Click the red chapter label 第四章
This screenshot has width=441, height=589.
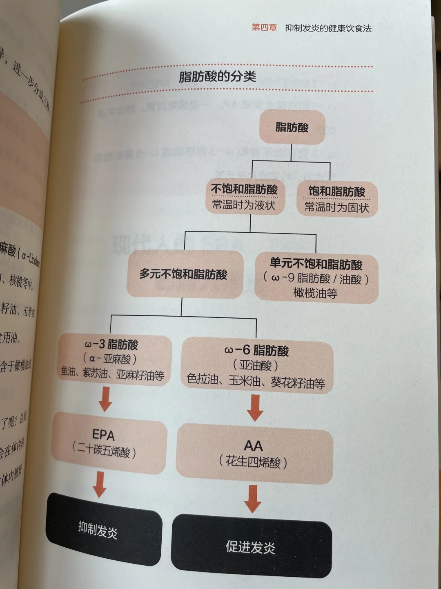264,27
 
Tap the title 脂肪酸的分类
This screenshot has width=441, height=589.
217,77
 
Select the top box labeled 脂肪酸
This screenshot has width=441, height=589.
292,127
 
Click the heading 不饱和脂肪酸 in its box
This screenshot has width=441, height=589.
244,189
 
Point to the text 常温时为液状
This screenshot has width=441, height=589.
244,205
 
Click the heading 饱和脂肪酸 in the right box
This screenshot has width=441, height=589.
337,191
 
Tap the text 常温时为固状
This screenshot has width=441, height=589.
337,208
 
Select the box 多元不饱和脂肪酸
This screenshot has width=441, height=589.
183,274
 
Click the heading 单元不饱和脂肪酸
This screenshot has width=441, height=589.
316,265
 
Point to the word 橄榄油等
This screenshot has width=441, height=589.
315,293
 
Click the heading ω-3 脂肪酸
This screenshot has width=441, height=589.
111,344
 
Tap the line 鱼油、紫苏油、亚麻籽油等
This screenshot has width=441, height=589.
113,374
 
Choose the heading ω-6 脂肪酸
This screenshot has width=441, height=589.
256,350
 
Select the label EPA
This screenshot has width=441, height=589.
103,434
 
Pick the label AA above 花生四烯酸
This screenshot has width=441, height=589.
253,445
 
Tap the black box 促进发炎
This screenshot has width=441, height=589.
251,546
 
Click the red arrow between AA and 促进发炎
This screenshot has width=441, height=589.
253,499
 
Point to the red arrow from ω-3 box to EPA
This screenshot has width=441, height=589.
105,399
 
